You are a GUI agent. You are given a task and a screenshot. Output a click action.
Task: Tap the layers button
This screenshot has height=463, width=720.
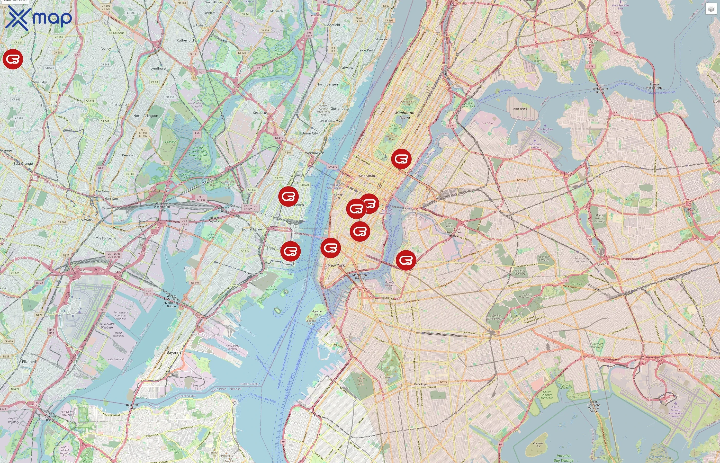pyautogui.click(x=711, y=9)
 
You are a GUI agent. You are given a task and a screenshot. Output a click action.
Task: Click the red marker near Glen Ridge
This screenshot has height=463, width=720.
pyautogui.click(x=13, y=59)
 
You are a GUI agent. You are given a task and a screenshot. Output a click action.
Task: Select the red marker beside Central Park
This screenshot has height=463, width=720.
pyautogui.click(x=401, y=159)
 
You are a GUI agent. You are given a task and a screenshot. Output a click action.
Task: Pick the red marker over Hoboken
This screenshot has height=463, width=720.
pyautogui.click(x=288, y=196)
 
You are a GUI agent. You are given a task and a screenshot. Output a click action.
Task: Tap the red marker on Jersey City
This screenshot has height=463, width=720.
pyautogui.click(x=290, y=251)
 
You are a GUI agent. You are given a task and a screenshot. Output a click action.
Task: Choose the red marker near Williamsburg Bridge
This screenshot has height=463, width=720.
pyautogui.click(x=406, y=260)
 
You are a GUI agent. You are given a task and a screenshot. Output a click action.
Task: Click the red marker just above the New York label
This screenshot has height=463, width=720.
pyautogui.click(x=330, y=248)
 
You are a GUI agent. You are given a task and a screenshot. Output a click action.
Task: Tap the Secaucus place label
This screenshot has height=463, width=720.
pyautogui.click(x=260, y=113)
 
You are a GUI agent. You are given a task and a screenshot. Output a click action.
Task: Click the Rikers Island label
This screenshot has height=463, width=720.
pyautogui.click(x=520, y=109)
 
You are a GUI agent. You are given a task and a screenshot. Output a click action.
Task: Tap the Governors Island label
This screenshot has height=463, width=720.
pyautogui.click(x=318, y=313)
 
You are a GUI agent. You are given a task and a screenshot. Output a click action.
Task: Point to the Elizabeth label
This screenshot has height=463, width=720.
pyautogui.click(x=30, y=362)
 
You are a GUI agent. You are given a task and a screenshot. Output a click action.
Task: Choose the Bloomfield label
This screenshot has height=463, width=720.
pyautogui.click(x=49, y=106)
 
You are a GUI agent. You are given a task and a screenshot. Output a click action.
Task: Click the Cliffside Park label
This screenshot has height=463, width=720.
pyautogui.click(x=364, y=50)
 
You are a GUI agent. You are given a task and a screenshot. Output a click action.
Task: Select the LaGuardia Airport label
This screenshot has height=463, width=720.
pyautogui.click(x=535, y=146)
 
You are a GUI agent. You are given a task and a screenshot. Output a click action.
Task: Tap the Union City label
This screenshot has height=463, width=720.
pyautogui.click(x=310, y=133)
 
